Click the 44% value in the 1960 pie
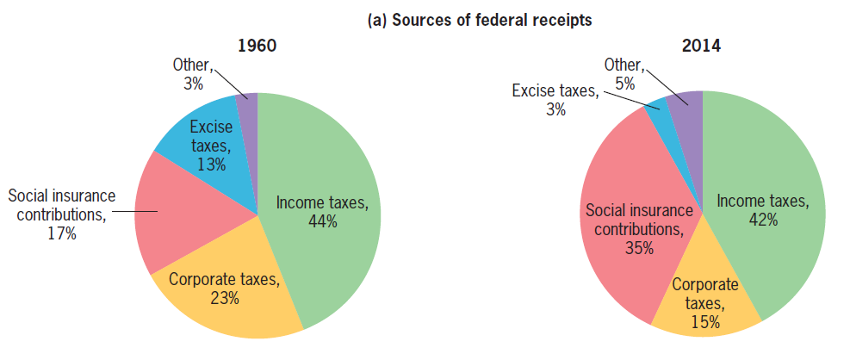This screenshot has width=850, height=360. (x=322, y=221)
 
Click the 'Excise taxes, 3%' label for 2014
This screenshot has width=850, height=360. (x=555, y=100)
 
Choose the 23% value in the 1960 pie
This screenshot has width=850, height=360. (x=224, y=298)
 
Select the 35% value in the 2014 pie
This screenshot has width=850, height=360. (x=639, y=248)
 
